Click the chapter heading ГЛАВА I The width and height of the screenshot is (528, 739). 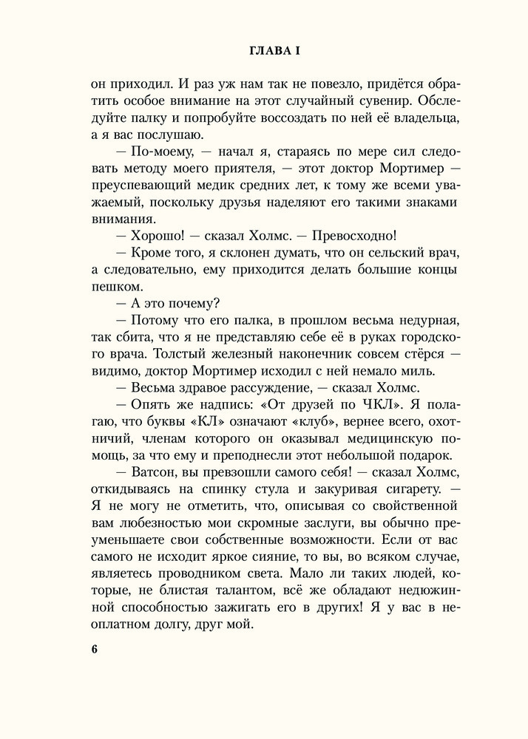pyautogui.click(x=263, y=51)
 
